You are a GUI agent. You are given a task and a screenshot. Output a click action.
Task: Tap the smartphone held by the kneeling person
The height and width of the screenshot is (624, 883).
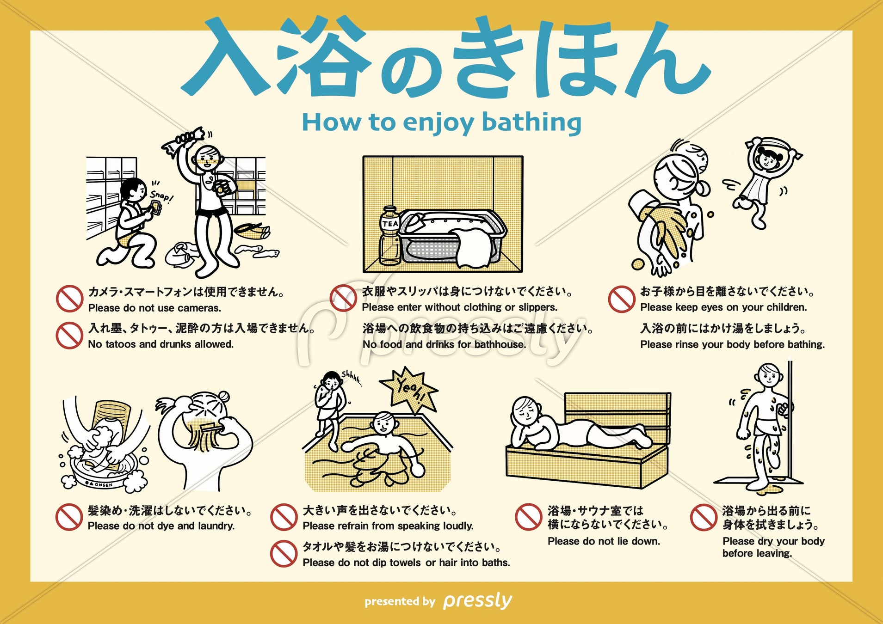click(x=156, y=207)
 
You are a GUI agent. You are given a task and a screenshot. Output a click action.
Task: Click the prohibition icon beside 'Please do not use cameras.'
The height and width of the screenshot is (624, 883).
click(x=69, y=299)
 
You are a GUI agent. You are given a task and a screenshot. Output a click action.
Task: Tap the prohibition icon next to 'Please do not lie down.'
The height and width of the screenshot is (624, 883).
click(x=528, y=517)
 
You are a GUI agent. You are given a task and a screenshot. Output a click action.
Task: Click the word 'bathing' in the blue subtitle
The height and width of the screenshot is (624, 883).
click(x=531, y=123)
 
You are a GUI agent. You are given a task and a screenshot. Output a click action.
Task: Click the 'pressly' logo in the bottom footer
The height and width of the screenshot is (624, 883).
click(x=477, y=601)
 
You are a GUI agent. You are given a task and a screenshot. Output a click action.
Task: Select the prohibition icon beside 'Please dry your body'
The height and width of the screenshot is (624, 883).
click(x=704, y=517)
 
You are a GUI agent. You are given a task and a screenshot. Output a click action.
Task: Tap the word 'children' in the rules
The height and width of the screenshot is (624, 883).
click(x=786, y=307)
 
